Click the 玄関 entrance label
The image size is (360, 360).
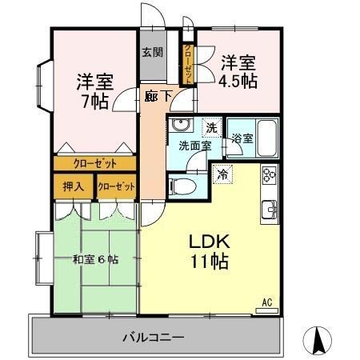pyautogui.click(x=153, y=54)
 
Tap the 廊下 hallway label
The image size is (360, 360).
pyautogui.click(x=157, y=96)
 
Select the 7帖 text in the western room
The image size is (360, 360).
pyautogui.click(x=95, y=102)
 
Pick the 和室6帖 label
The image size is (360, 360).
pyautogui.click(x=95, y=259)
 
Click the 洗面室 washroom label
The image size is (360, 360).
pyautogui.click(x=194, y=146)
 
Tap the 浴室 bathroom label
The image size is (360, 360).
pyautogui.click(x=242, y=138)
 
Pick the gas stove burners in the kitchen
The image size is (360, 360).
pyautogui.click(x=269, y=174)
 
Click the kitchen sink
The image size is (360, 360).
pyautogui.click(x=270, y=210)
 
